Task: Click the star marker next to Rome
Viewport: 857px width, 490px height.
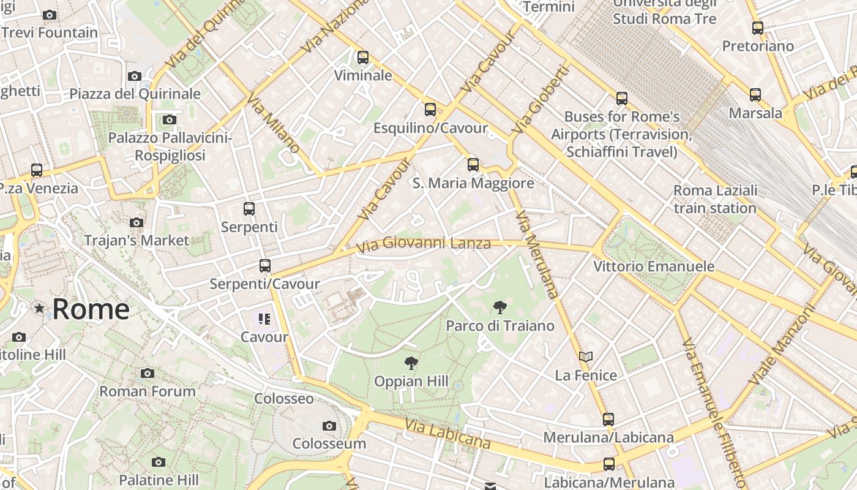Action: (x=40, y=309)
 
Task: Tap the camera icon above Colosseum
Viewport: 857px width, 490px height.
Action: (x=329, y=426)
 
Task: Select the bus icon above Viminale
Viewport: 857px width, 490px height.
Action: (x=363, y=58)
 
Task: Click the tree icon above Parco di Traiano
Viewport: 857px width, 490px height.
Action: (x=500, y=307)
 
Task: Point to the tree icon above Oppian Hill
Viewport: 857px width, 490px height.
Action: (x=411, y=363)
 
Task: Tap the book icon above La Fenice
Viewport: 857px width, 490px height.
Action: (x=586, y=356)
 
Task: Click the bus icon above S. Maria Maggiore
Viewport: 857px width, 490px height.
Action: (x=473, y=164)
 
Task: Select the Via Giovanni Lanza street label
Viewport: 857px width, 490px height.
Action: (x=424, y=244)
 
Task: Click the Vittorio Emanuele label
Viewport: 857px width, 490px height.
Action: (x=654, y=266)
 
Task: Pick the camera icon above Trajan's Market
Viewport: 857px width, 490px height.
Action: (x=137, y=222)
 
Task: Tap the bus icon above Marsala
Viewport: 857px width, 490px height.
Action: (x=755, y=94)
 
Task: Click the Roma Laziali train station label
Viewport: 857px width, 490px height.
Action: (x=715, y=199)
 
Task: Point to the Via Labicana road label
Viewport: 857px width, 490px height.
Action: (x=447, y=433)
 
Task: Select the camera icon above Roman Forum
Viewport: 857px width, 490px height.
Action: (x=148, y=373)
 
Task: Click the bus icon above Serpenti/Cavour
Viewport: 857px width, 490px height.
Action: (x=265, y=266)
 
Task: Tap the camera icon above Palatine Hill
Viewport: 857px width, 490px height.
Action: (x=159, y=462)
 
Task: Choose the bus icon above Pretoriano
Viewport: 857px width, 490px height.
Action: (x=758, y=28)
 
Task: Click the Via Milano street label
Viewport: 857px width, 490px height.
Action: (x=274, y=123)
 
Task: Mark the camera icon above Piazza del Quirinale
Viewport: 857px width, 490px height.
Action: (x=135, y=76)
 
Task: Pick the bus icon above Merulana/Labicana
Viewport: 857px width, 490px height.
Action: (x=608, y=420)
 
